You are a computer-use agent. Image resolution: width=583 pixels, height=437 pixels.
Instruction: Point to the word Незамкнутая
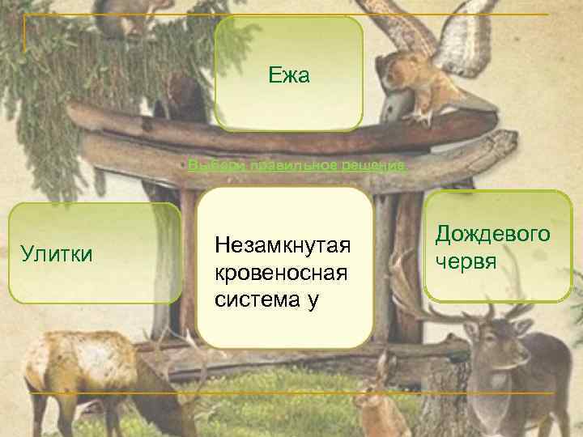pos(282,244)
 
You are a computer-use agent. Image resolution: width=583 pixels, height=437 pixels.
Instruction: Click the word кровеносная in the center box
pos(282,272)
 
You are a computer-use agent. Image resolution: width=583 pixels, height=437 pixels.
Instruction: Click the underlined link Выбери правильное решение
pos(296,166)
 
